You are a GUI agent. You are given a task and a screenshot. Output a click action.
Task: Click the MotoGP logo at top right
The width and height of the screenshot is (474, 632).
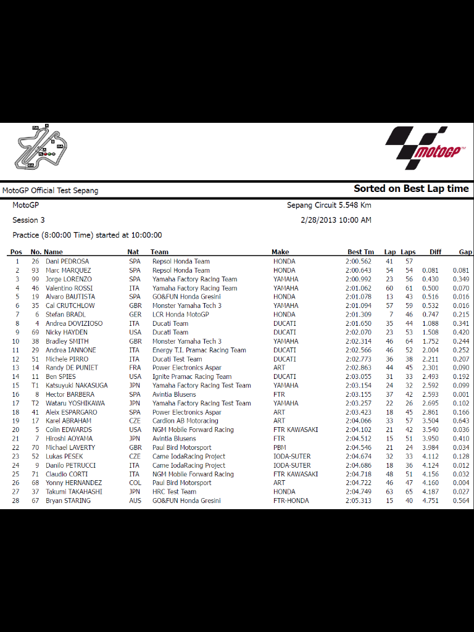426,148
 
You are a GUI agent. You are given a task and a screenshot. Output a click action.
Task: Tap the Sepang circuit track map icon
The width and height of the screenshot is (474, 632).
41,147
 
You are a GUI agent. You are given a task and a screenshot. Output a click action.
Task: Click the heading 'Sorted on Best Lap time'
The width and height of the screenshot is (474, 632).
411,189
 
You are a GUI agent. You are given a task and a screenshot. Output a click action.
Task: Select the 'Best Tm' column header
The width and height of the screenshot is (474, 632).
360,252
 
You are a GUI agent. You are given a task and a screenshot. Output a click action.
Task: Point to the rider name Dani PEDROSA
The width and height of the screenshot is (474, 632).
67,261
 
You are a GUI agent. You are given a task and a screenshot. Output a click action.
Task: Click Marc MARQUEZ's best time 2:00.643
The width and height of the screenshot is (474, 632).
359,270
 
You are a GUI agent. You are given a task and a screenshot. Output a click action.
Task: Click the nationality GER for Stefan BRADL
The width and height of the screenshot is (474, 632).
135,315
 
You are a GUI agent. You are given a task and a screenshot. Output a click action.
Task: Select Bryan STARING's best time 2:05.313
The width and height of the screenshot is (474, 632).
359,501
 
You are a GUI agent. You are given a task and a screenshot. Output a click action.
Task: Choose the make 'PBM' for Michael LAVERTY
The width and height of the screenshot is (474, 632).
280,447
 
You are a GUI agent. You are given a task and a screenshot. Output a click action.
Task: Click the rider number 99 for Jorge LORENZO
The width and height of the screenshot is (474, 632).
35,279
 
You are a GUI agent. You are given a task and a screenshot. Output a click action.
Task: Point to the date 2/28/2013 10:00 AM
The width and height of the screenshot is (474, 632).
336,220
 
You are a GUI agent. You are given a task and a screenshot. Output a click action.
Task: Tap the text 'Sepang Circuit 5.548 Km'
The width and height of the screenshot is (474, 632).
329,206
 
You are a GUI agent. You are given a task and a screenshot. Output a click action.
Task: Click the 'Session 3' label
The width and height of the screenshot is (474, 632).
28,220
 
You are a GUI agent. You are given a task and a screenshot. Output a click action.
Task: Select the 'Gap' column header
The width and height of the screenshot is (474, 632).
465,252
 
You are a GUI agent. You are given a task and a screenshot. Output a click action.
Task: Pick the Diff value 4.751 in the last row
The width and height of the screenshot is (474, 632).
430,501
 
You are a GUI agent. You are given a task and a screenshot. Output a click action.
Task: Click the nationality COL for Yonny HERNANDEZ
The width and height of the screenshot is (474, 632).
135,483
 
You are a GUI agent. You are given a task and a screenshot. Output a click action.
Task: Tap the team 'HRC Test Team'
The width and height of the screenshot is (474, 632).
174,492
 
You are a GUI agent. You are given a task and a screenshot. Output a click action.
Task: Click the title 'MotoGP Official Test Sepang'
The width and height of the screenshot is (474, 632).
50,191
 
